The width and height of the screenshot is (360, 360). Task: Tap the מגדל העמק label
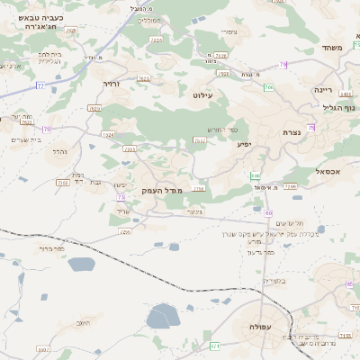162,192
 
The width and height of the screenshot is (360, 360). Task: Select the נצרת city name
290,131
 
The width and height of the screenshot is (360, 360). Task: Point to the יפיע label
243,144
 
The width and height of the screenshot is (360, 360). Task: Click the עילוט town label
202,93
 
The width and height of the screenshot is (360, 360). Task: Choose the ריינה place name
325,91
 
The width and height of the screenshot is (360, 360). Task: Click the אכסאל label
327,170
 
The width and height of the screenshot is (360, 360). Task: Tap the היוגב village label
83,322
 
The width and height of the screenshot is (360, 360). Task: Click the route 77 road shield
40,85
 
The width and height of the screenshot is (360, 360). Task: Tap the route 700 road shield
269,87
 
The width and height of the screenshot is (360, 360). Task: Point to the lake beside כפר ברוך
80,264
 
